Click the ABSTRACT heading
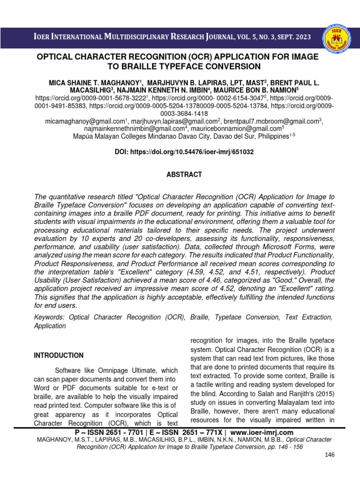(x=185, y=174)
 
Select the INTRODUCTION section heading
(x=59, y=355)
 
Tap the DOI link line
(x=185, y=152)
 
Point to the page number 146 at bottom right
(x=330, y=455)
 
